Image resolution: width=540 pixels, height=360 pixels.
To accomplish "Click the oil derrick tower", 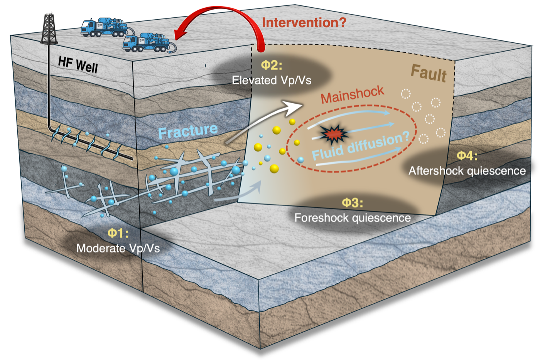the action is (x=49, y=29).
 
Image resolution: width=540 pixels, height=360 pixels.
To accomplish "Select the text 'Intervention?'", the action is (x=304, y=23).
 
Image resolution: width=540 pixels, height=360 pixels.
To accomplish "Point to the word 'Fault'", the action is (x=429, y=74).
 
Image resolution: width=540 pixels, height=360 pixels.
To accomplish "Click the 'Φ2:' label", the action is (x=272, y=65).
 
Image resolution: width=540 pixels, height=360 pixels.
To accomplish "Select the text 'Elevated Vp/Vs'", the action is (x=272, y=80).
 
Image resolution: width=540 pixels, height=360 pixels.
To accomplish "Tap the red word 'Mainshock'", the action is (x=352, y=94).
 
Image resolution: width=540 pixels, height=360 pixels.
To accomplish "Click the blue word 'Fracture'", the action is (x=188, y=131).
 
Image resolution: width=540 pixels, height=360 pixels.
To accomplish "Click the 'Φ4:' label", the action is (x=467, y=156).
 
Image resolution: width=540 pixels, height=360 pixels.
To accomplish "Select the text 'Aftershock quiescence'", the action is (x=467, y=171).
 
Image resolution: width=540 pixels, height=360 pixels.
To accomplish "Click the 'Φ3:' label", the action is (x=353, y=203).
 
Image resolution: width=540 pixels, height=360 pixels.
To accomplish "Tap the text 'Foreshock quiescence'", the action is (x=353, y=218).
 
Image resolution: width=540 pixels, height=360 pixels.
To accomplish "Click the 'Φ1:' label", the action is (x=118, y=233).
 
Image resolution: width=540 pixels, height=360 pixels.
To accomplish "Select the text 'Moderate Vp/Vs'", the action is (x=118, y=249).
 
